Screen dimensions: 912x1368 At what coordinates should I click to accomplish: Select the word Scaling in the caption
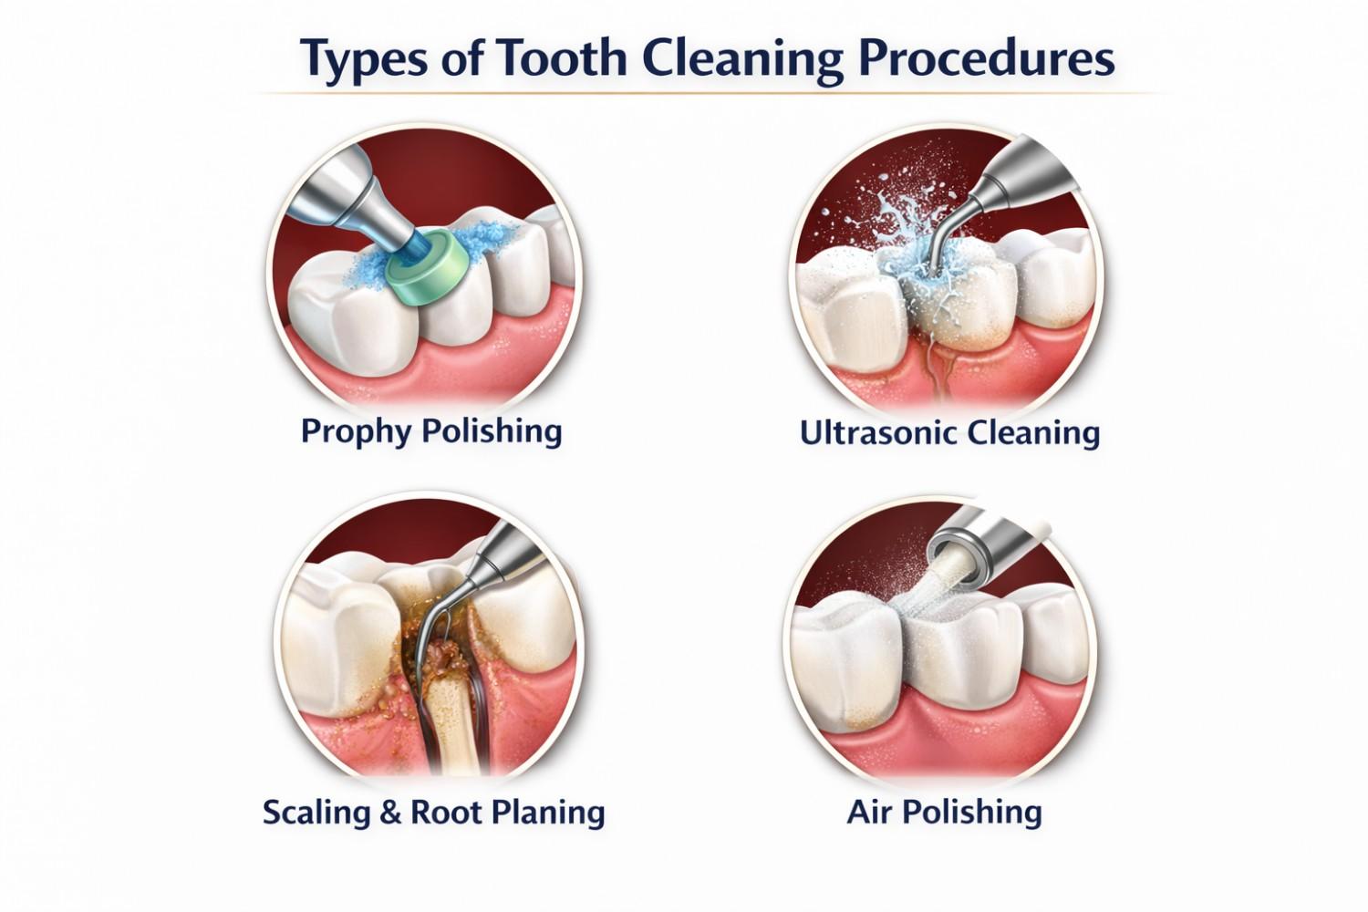coord(317,811)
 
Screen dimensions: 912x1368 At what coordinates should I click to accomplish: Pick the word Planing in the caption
coord(549,811)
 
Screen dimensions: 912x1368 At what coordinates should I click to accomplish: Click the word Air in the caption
coord(866,811)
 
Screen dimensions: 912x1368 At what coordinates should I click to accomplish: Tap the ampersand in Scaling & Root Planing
coord(390,811)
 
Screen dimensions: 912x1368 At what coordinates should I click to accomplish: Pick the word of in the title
coord(460,58)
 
